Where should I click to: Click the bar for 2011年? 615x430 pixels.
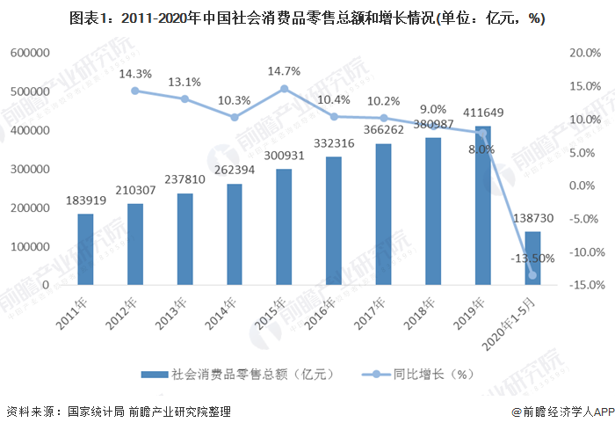click(84, 250)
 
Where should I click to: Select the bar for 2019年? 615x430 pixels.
click(483, 206)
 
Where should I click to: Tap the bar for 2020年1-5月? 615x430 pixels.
click(533, 259)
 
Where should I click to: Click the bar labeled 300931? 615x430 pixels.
click(284, 227)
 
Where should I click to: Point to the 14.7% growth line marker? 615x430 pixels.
click(284, 89)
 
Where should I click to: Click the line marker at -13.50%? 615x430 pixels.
click(533, 275)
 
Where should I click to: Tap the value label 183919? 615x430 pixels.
click(85, 201)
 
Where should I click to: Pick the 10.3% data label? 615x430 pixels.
click(234, 101)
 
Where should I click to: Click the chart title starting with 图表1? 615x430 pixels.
click(307, 18)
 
